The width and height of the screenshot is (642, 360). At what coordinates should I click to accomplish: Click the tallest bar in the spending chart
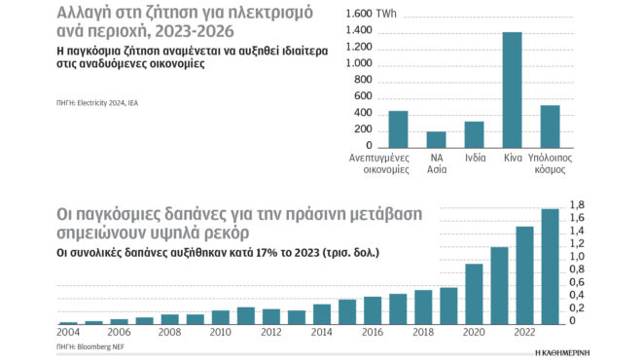550,266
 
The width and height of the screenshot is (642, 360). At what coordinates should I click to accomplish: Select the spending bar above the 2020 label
474,294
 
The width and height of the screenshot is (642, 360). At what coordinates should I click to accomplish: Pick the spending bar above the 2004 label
68,322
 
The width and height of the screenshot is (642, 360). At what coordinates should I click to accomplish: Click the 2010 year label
220,333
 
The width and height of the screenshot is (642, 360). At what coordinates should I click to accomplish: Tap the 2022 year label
523,333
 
